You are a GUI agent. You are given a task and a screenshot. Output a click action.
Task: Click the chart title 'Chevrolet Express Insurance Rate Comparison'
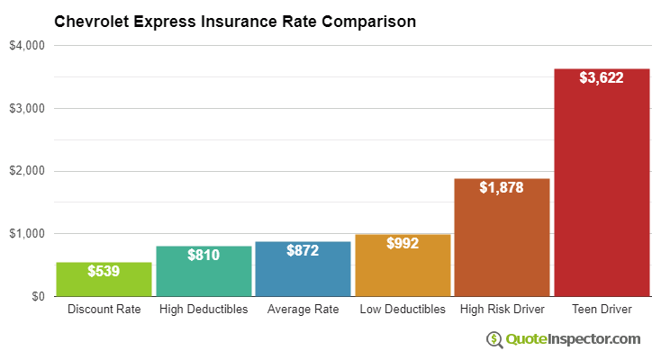235,21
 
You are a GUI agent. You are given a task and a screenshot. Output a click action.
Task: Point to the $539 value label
104,270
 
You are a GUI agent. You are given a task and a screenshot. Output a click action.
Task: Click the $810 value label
204,255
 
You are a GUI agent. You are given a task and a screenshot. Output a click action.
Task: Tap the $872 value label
303,250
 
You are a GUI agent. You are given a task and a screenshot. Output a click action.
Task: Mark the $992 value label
403,243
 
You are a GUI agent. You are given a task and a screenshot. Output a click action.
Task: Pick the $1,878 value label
502,187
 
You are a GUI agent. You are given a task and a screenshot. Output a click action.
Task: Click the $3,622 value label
602,78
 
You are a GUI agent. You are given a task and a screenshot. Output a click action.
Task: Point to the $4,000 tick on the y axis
27,46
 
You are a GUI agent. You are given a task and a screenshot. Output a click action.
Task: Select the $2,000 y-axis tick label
27,171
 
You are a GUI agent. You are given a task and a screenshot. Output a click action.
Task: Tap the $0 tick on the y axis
37,296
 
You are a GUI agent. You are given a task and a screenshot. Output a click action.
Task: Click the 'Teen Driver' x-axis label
602,310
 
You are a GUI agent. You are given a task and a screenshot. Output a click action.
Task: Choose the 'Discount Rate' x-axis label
104,310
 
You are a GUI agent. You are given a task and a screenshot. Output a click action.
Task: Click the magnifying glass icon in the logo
494,339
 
